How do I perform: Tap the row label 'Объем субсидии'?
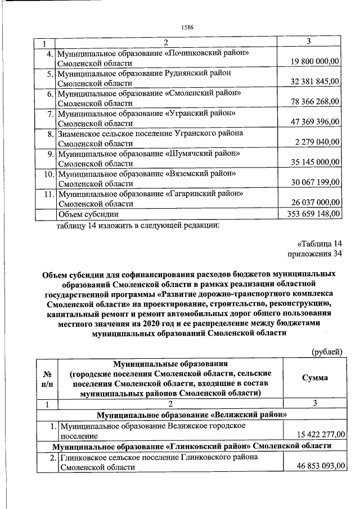pyautogui.click(x=89, y=214)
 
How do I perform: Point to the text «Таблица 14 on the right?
pyautogui.click(x=319, y=244)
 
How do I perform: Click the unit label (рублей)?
pyautogui.click(x=327, y=352)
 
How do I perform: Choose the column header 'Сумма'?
pyautogui.click(x=314, y=377)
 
